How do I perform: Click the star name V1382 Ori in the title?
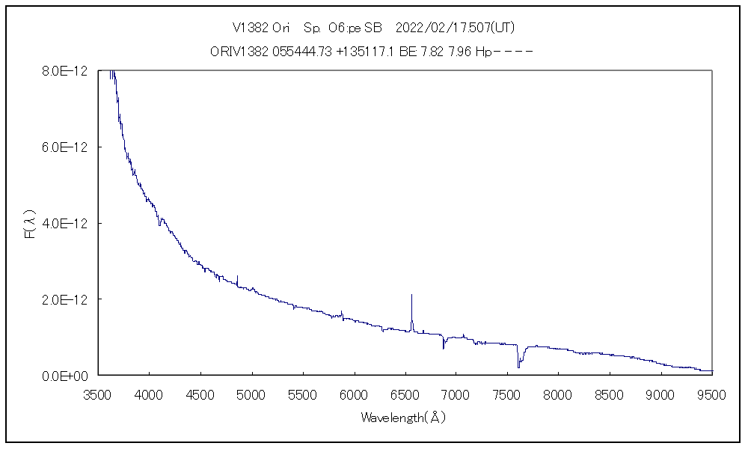pos(262,28)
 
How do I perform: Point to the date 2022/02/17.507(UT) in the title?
pos(455,28)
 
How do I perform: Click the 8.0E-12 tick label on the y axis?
pos(67,71)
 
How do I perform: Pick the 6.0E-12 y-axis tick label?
pos(67,147)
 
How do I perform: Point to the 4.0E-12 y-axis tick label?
pos(67,224)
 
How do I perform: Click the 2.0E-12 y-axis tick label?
pos(67,299)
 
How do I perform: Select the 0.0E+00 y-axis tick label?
pos(67,376)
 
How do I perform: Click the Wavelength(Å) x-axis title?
pos(403,418)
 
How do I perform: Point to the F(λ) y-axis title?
pos(31,224)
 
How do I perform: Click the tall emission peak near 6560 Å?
pos(411,296)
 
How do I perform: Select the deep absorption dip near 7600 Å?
pos(518,365)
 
